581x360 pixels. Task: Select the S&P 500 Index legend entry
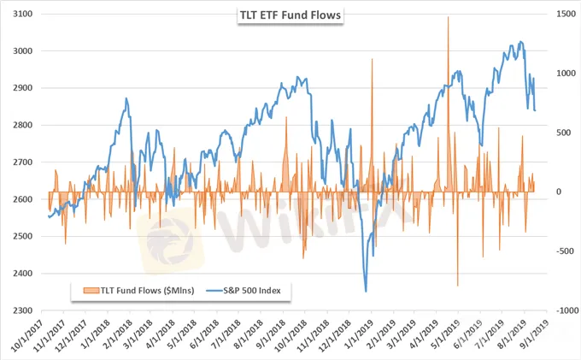pos(255,291)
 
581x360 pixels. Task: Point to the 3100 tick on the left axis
pos(23,14)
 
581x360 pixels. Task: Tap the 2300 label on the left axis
pos(23,311)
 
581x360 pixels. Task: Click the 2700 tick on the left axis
pos(23,162)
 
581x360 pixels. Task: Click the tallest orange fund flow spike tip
pos(449,16)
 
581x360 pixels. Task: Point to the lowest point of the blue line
pos(366,292)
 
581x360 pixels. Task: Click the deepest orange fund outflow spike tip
pos(458,286)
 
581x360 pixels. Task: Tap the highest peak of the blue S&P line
pos(521,41)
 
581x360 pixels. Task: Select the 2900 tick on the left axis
pos(23,88)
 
